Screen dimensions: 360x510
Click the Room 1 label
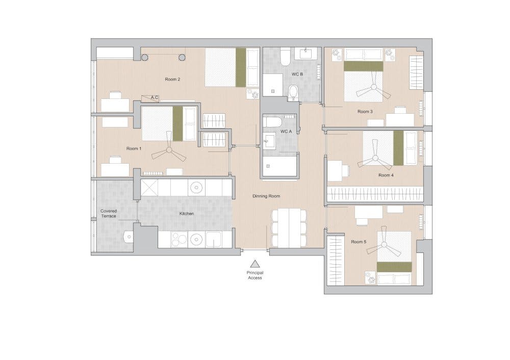click(134, 148)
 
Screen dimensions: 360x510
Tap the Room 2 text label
click(172, 79)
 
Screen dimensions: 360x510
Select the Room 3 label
click(365, 111)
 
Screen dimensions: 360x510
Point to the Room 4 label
click(386, 175)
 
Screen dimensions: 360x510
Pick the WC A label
click(286, 132)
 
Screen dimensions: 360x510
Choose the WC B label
click(297, 75)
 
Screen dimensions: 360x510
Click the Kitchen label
click(187, 214)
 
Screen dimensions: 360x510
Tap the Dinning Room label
click(266, 196)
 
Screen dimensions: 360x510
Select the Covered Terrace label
click(108, 213)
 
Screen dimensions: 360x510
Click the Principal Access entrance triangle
click(254, 264)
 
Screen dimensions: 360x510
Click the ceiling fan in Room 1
click(168, 150)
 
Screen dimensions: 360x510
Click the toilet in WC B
click(293, 92)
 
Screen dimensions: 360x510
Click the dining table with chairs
click(289, 227)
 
